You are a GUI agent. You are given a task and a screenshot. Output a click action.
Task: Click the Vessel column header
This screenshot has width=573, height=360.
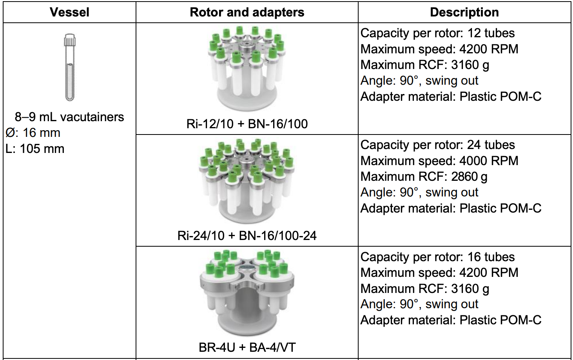69,12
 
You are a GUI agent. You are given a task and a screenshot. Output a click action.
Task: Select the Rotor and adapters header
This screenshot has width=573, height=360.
247,12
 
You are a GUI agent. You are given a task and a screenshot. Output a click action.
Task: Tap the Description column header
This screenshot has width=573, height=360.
464,12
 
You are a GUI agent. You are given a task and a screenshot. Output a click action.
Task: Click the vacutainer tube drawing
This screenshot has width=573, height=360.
70,69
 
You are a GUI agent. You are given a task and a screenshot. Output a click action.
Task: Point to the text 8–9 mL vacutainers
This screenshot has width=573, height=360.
69,117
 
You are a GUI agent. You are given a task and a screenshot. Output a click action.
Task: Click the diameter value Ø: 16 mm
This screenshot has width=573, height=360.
33,133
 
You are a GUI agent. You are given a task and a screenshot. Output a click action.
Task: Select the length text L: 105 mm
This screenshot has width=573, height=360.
35,149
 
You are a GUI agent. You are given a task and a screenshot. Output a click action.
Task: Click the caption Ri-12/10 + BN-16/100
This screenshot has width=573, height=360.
247,124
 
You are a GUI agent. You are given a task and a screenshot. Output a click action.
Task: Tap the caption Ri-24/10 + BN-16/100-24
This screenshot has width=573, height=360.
247,236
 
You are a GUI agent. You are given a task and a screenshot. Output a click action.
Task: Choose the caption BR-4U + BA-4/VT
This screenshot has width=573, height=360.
247,347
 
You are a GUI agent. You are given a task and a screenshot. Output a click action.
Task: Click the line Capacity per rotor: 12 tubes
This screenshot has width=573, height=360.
437,33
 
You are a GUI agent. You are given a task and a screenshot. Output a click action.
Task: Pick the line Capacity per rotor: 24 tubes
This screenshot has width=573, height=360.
437,145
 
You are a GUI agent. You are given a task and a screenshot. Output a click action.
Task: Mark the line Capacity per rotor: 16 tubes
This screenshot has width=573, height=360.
437,257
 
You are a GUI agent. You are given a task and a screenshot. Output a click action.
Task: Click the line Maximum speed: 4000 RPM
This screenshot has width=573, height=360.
439,161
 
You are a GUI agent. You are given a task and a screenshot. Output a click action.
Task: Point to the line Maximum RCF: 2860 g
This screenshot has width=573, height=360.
424,177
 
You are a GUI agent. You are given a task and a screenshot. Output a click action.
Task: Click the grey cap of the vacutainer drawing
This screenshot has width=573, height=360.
70,40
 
